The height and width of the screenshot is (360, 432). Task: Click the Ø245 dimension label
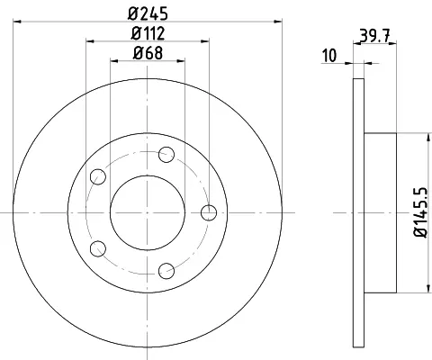(x=148, y=13)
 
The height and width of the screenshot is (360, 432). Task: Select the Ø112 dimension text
(x=148, y=33)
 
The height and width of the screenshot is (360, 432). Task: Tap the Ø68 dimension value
(x=148, y=53)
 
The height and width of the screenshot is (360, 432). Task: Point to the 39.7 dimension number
(x=374, y=36)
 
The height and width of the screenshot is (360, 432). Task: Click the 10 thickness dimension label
(x=329, y=56)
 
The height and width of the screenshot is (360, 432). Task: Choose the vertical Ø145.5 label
(x=420, y=212)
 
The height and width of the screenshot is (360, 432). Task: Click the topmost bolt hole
(x=166, y=155)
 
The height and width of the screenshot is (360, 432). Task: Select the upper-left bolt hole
(x=98, y=176)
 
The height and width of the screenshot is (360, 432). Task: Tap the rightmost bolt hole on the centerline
(x=209, y=212)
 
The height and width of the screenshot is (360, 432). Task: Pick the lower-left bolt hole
(x=98, y=248)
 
